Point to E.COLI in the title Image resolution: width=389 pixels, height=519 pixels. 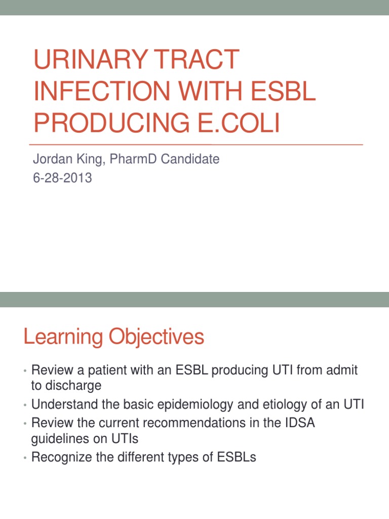tap(239, 123)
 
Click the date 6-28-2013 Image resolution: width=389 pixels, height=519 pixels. tap(62, 178)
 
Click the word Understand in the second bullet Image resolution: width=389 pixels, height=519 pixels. tap(62, 404)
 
